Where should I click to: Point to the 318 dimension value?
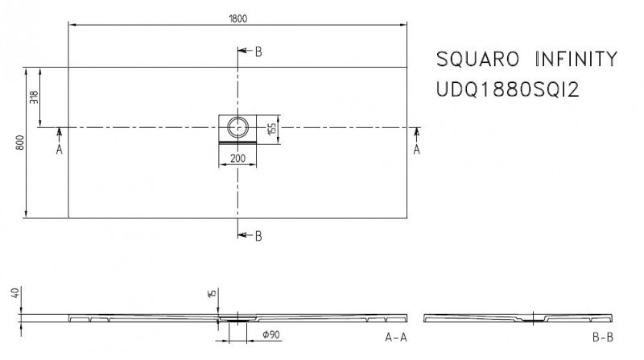34,97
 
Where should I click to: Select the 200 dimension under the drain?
238,159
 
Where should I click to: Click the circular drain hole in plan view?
238,126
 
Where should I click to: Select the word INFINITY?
575,60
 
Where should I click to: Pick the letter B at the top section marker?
258,52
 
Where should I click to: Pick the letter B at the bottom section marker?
258,236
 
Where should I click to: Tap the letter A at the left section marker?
60,150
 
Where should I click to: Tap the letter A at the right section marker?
416,150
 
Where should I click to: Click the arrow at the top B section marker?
243,52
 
